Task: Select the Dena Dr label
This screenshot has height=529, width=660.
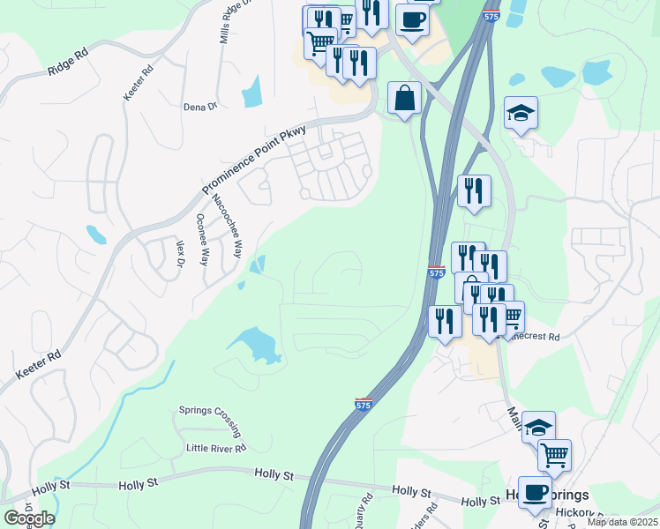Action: click(x=199, y=107)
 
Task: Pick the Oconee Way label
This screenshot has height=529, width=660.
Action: click(x=202, y=240)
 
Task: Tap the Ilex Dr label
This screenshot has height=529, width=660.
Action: click(x=179, y=252)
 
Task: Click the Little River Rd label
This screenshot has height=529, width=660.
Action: click(x=214, y=448)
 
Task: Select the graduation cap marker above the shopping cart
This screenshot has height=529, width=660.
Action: click(x=538, y=427)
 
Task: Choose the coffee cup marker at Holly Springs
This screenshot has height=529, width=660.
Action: click(x=535, y=491)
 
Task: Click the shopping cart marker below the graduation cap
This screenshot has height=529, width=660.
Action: click(x=554, y=455)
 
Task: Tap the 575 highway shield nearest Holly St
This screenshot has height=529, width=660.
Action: click(x=364, y=403)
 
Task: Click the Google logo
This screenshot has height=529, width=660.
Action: click(x=28, y=518)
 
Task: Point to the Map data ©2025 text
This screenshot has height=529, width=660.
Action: click(x=622, y=522)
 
